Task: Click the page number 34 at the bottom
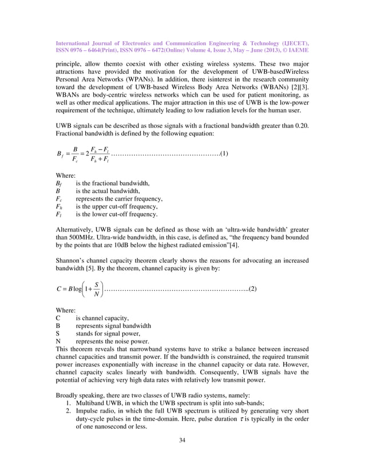(182, 456)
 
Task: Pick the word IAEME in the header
(296, 50)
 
